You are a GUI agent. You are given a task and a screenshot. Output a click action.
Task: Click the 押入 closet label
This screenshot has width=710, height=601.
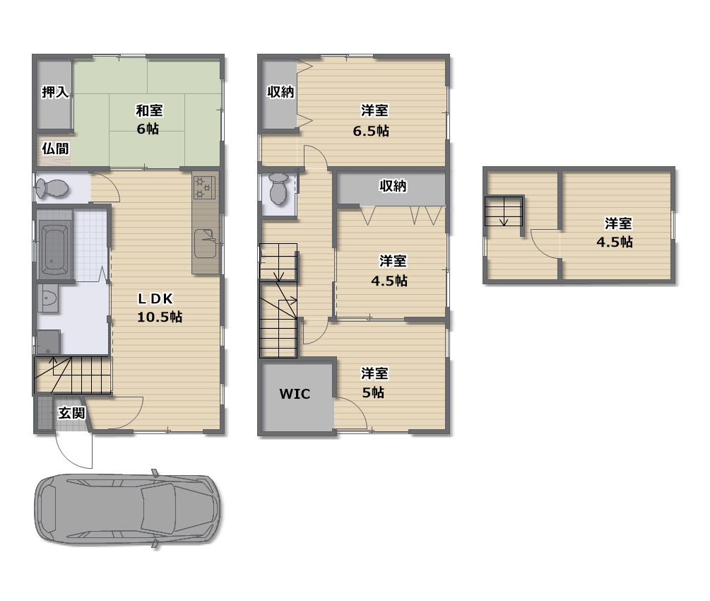(55, 92)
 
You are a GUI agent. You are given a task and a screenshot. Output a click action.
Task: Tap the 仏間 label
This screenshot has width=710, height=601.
(55, 148)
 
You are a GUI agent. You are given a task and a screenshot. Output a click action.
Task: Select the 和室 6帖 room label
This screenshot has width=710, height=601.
(149, 119)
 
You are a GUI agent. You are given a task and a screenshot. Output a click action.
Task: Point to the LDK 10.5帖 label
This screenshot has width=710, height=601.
(160, 308)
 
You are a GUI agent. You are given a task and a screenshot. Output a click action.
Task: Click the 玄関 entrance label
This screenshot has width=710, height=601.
(71, 413)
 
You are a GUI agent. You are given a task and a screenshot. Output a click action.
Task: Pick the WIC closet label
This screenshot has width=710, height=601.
(295, 394)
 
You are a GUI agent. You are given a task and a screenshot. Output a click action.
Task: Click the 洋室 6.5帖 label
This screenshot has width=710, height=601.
(372, 121)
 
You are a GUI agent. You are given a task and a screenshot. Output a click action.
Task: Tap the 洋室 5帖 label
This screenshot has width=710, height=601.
(374, 383)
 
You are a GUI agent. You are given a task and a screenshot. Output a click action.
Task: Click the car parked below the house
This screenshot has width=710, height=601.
(128, 508)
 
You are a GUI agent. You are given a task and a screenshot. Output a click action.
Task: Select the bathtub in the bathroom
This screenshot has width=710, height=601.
(55, 249)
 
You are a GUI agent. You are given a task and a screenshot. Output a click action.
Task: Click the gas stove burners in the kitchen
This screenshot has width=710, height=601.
(205, 187)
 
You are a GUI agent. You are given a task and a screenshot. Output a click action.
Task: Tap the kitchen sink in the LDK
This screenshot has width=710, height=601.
(206, 243)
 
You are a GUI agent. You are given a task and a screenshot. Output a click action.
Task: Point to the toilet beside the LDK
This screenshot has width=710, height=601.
(52, 188)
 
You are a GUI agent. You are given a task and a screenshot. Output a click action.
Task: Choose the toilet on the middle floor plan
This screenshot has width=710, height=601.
(279, 189)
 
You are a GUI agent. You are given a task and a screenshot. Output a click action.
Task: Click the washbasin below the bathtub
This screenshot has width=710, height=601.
(48, 298)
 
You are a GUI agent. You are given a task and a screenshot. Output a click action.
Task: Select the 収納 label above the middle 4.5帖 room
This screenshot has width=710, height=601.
(393, 186)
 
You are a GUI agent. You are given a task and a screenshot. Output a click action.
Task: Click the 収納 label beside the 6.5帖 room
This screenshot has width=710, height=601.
(280, 92)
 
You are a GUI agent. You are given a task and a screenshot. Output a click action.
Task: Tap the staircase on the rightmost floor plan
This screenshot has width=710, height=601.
(504, 211)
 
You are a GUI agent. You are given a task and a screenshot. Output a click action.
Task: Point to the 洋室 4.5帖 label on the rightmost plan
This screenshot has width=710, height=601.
(615, 233)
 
